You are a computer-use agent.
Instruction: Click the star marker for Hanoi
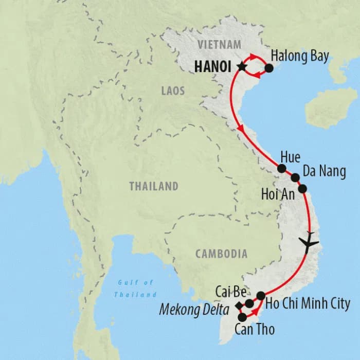(240, 66)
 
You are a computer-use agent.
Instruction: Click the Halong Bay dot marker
(268, 67)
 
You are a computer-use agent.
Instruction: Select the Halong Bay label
(300, 56)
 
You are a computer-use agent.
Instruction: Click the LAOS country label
(173, 91)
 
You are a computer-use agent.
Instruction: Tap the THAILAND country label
(153, 186)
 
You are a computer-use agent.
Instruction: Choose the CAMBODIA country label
(221, 254)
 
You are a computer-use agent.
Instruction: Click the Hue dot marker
(282, 168)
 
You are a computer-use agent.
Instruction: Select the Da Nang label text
(325, 171)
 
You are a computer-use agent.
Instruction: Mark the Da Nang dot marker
(295, 177)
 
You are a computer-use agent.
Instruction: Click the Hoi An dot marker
(302, 188)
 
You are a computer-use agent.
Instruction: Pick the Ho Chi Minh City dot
(261, 295)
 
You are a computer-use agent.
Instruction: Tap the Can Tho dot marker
(242, 317)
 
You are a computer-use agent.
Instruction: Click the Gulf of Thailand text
(135, 289)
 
